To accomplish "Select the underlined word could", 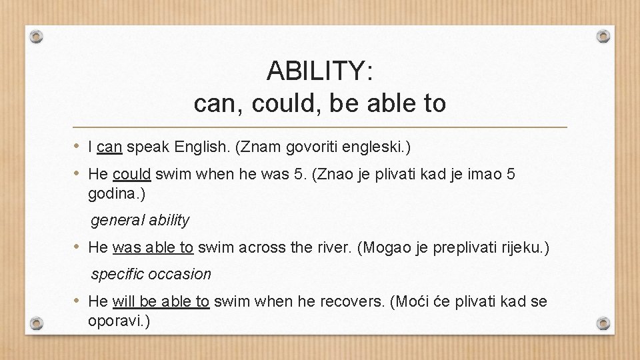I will (132, 175).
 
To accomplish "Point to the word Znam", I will (254, 147).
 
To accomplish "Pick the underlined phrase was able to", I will (153, 247).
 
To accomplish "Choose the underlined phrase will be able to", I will (161, 301).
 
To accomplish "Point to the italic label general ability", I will (140, 220).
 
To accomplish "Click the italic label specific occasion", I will (151, 274).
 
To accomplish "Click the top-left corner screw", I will (37, 35).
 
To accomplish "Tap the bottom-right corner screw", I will (603, 323).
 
